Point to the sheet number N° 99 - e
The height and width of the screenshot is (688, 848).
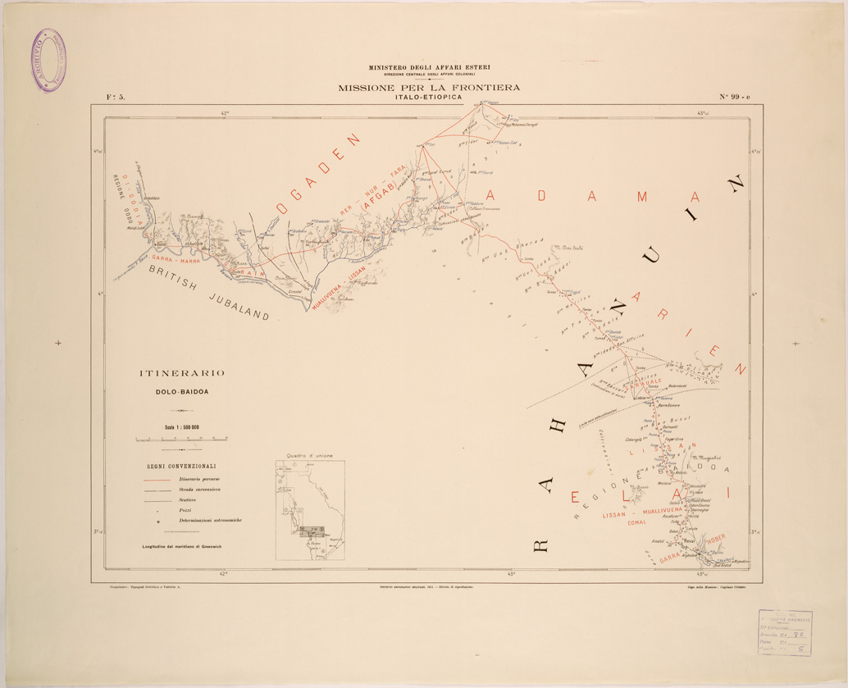pyautogui.click(x=741, y=97)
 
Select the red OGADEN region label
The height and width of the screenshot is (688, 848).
pyautogui.click(x=319, y=174)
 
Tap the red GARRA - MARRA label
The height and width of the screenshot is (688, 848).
pyautogui.click(x=174, y=261)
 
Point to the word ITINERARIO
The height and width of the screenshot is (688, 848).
pyautogui.click(x=181, y=374)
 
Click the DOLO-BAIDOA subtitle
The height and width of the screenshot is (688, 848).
pyautogui.click(x=182, y=391)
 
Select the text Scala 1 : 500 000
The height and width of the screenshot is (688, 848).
pyautogui.click(x=182, y=427)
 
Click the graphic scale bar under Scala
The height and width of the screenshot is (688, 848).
pyautogui.click(x=181, y=440)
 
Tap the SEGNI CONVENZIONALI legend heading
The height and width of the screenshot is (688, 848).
pyautogui.click(x=182, y=466)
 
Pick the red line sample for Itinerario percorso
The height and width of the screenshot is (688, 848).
pyautogui.click(x=157, y=478)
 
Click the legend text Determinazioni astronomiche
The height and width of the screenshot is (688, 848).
pyautogui.click(x=210, y=521)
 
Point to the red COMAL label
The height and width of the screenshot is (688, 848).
pyautogui.click(x=637, y=522)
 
